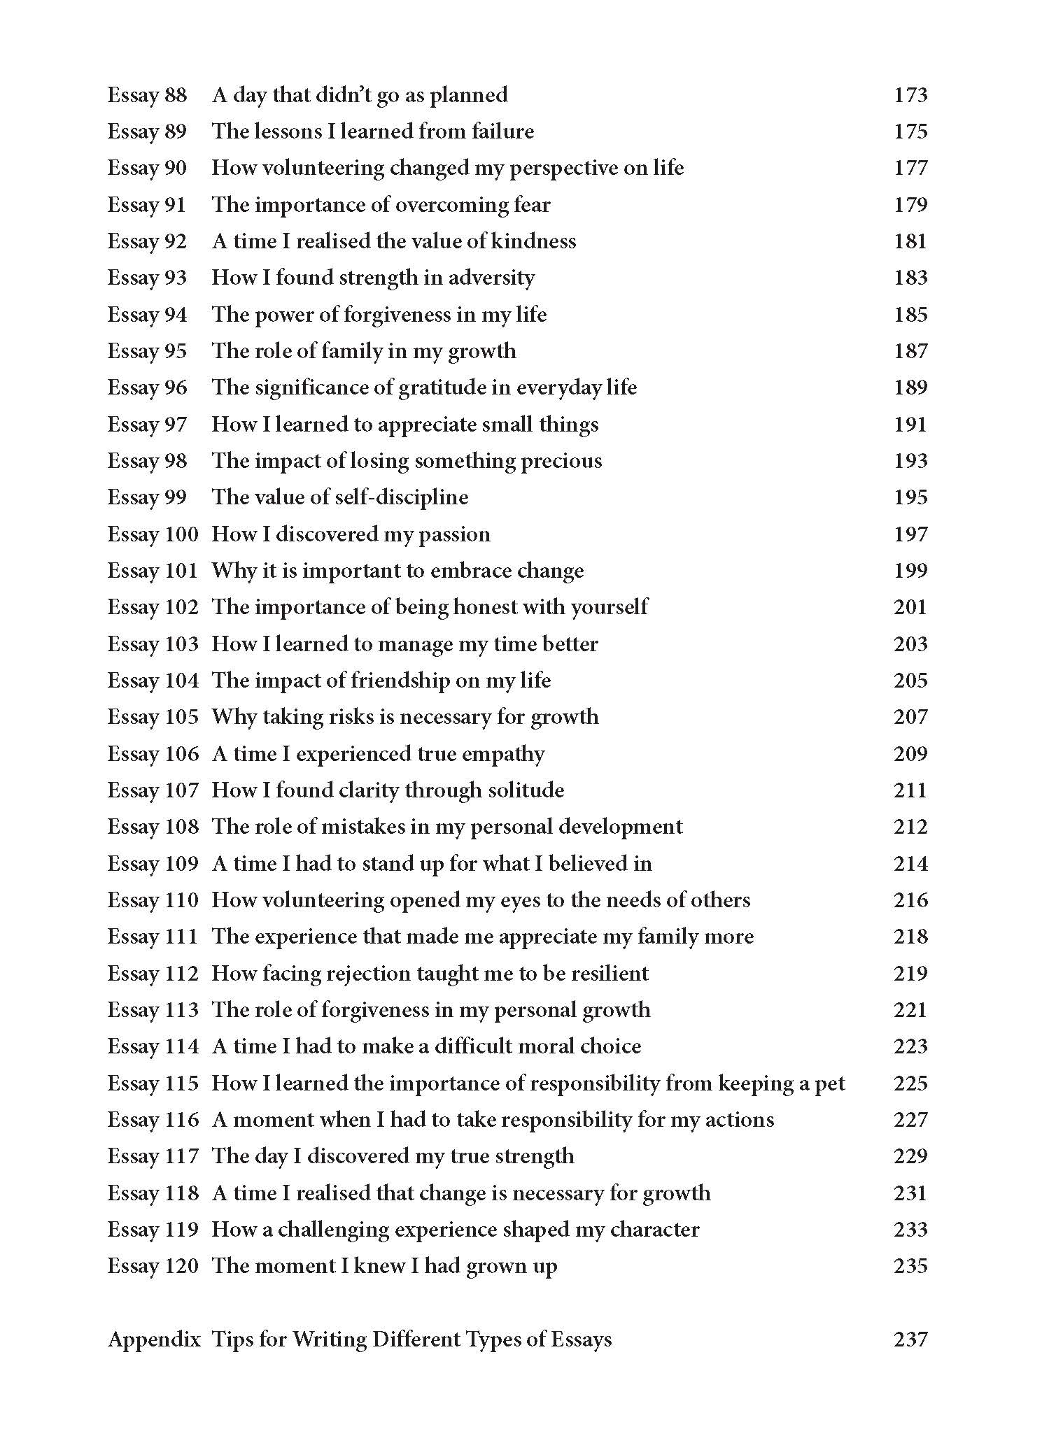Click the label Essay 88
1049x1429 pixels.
click(147, 94)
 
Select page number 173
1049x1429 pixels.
click(910, 94)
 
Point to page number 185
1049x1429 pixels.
click(910, 314)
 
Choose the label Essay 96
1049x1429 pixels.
click(147, 388)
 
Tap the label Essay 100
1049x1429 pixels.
click(153, 534)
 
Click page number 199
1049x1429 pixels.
click(910, 571)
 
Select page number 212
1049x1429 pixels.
click(910, 827)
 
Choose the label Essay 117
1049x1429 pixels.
click(153, 1156)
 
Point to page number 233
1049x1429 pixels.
click(910, 1230)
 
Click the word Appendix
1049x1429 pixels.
click(154, 1339)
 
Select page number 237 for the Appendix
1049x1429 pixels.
click(910, 1339)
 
